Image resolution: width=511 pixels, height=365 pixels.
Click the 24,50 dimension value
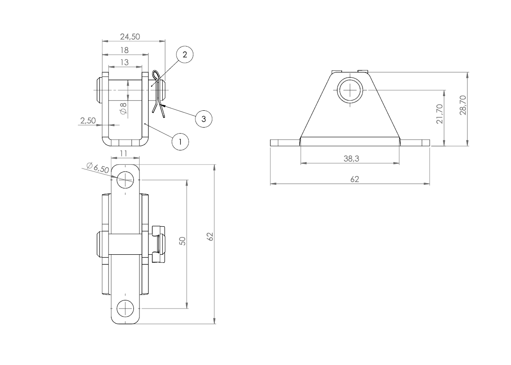130,37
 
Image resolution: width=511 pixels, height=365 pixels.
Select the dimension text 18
125,50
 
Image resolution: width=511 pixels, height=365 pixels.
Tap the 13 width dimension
124,62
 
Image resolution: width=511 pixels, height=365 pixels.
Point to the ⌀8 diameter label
123,108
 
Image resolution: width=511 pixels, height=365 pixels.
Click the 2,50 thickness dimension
88,121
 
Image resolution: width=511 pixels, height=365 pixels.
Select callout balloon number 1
180,141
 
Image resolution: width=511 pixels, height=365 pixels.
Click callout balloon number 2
185,55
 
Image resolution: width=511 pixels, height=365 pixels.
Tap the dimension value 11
124,153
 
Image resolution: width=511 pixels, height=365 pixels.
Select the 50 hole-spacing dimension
183,241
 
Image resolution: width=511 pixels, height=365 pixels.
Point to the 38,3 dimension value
351,159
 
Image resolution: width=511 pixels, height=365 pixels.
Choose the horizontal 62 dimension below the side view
354,179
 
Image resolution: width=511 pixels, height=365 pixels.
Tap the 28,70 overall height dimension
463,106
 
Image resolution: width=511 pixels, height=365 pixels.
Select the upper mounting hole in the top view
125,178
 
